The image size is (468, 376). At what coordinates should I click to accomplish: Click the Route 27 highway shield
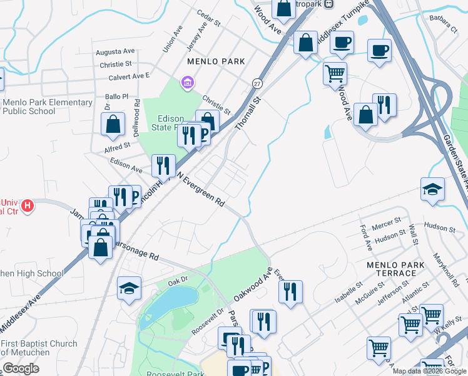[257, 83]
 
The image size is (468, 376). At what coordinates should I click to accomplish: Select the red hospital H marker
[27, 205]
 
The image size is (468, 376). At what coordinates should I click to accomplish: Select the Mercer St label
[387, 223]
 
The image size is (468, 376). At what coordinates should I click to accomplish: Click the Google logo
[21, 368]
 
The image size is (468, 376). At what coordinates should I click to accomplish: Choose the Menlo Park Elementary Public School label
[47, 107]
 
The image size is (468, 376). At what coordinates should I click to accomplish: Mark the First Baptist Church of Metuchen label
[39, 348]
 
